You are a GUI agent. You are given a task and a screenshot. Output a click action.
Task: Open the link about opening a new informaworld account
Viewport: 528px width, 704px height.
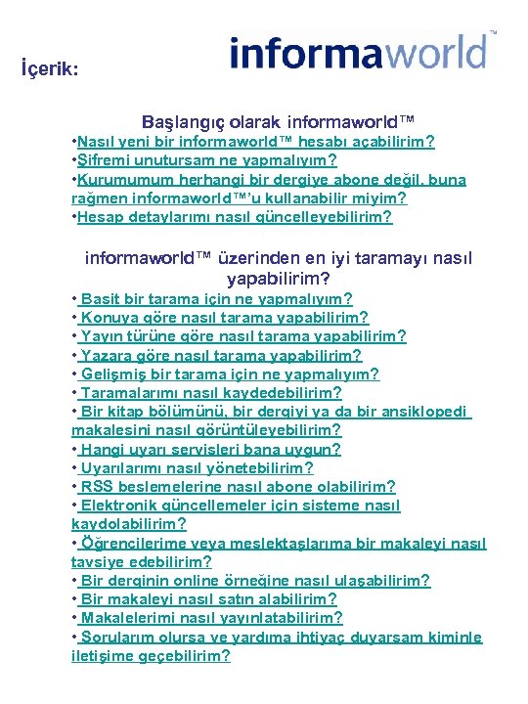click(257, 142)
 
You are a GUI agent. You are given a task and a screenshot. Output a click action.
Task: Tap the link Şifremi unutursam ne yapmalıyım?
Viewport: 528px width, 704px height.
click(208, 160)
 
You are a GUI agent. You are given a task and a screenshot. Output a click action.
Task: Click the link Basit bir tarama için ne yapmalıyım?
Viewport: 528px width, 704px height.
click(216, 298)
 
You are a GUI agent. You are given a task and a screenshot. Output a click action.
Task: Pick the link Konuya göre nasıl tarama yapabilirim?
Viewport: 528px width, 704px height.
click(224, 317)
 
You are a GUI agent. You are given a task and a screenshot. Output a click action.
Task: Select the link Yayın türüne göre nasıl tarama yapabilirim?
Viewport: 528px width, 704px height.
click(243, 335)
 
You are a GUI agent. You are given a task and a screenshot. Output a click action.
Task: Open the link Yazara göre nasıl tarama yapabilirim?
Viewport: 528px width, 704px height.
click(220, 355)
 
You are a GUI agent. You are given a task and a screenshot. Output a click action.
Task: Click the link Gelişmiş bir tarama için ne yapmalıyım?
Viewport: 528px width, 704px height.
click(230, 374)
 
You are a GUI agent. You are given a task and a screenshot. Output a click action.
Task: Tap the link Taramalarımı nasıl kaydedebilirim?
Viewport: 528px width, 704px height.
click(211, 392)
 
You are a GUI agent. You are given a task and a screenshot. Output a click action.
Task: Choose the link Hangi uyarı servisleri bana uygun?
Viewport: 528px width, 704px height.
click(210, 449)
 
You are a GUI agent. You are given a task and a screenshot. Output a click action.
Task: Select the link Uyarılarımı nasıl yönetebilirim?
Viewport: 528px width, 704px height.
click(197, 467)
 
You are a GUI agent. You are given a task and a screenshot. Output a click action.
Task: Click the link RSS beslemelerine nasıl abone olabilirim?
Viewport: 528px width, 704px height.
click(238, 486)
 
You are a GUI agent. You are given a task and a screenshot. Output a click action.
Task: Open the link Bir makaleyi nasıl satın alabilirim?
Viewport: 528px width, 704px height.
click(208, 598)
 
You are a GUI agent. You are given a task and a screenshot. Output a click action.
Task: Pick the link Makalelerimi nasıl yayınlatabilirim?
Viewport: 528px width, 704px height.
click(211, 617)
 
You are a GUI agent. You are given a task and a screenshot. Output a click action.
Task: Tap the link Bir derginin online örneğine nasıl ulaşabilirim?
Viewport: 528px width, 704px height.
click(254, 580)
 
